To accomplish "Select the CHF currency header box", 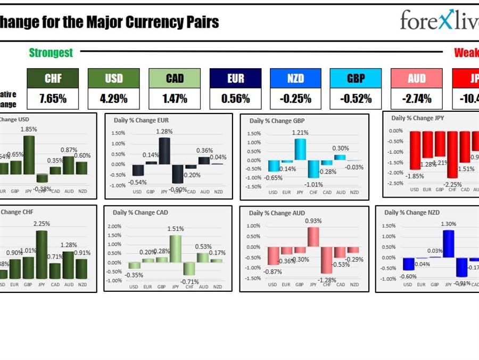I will (x=53, y=78).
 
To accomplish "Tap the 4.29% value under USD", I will (x=113, y=99).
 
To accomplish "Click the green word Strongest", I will (x=51, y=52).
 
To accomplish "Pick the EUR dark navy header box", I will (x=235, y=78).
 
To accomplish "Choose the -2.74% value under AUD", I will (x=417, y=99).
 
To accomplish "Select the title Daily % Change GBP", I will (x=277, y=121).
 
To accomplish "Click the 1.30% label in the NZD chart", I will (x=449, y=224).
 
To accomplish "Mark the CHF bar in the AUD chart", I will (x=327, y=259).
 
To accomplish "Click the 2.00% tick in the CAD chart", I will (x=115, y=226).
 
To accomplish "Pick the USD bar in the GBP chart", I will (x=274, y=166).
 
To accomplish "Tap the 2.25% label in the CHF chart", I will (x=41, y=224).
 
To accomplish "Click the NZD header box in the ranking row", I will (x=295, y=78).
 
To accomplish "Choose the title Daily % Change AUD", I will (x=277, y=213).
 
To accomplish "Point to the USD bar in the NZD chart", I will (x=408, y=264).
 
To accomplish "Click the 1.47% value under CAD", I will (x=175, y=99).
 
